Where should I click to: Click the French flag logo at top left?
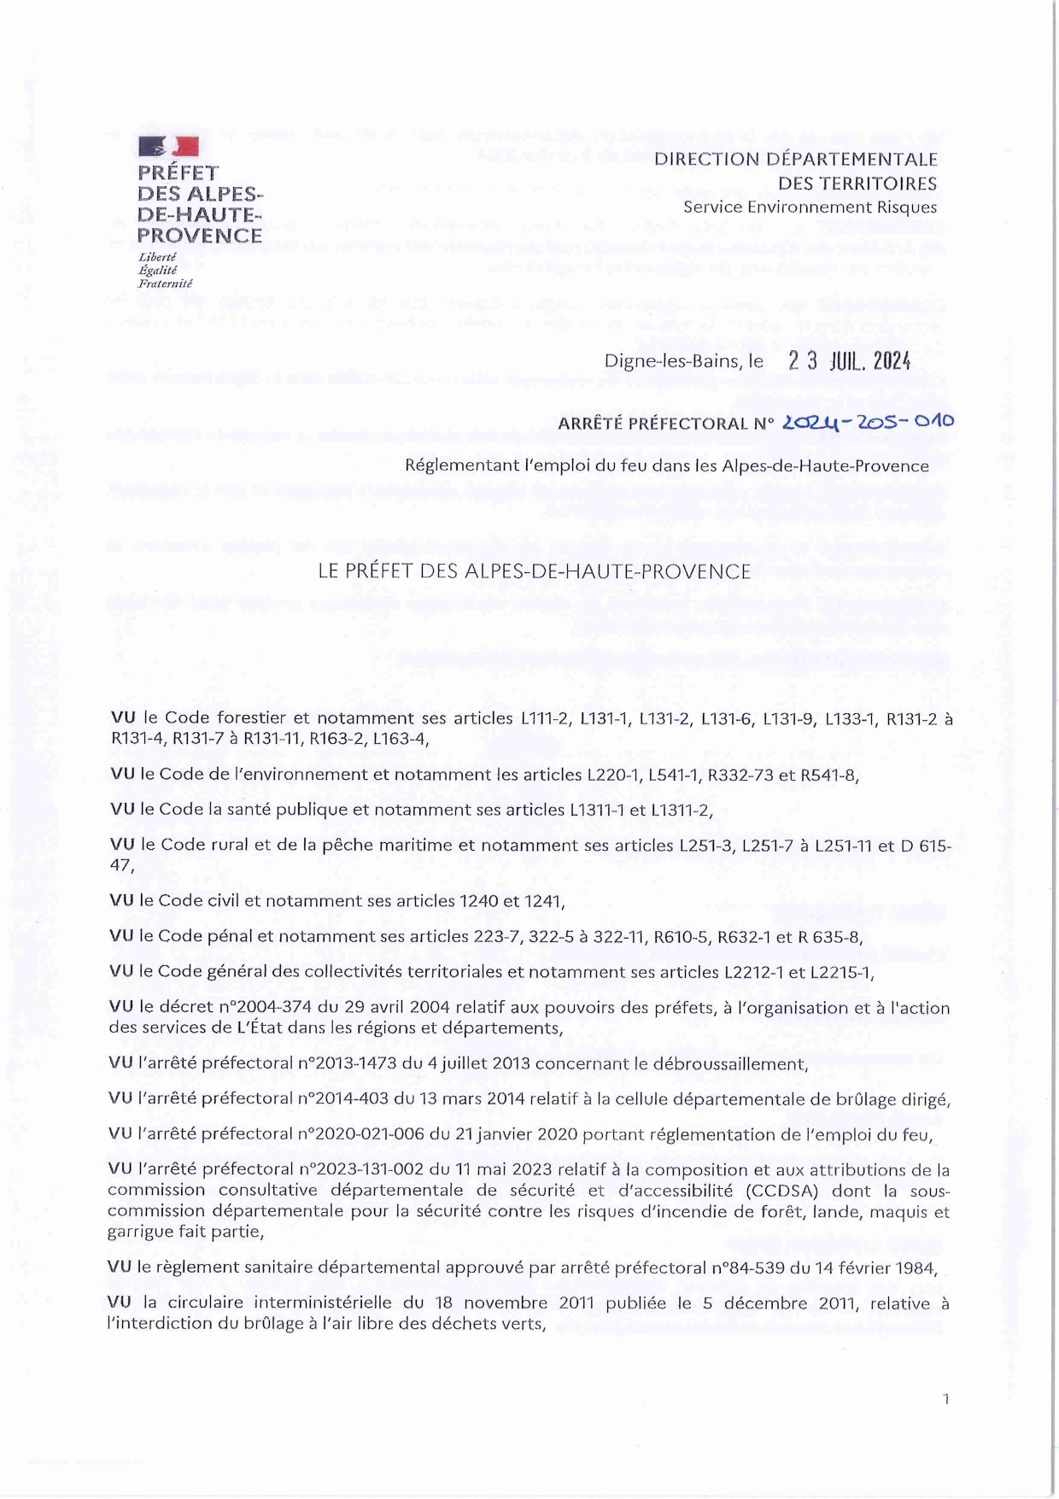pyautogui.click(x=168, y=146)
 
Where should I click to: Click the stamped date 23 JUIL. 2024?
pyautogui.click(x=850, y=361)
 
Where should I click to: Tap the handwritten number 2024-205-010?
pyautogui.click(x=869, y=421)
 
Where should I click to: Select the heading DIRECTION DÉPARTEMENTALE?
pyautogui.click(x=796, y=159)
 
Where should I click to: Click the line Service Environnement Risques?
pyautogui.click(x=810, y=207)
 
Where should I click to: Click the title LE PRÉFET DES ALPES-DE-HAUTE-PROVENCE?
pyautogui.click(x=534, y=571)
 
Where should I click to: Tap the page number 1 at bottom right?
pyautogui.click(x=945, y=1398)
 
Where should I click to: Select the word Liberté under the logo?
pyautogui.click(x=157, y=257)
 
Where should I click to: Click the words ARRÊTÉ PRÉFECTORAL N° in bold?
pyautogui.click(x=665, y=424)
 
